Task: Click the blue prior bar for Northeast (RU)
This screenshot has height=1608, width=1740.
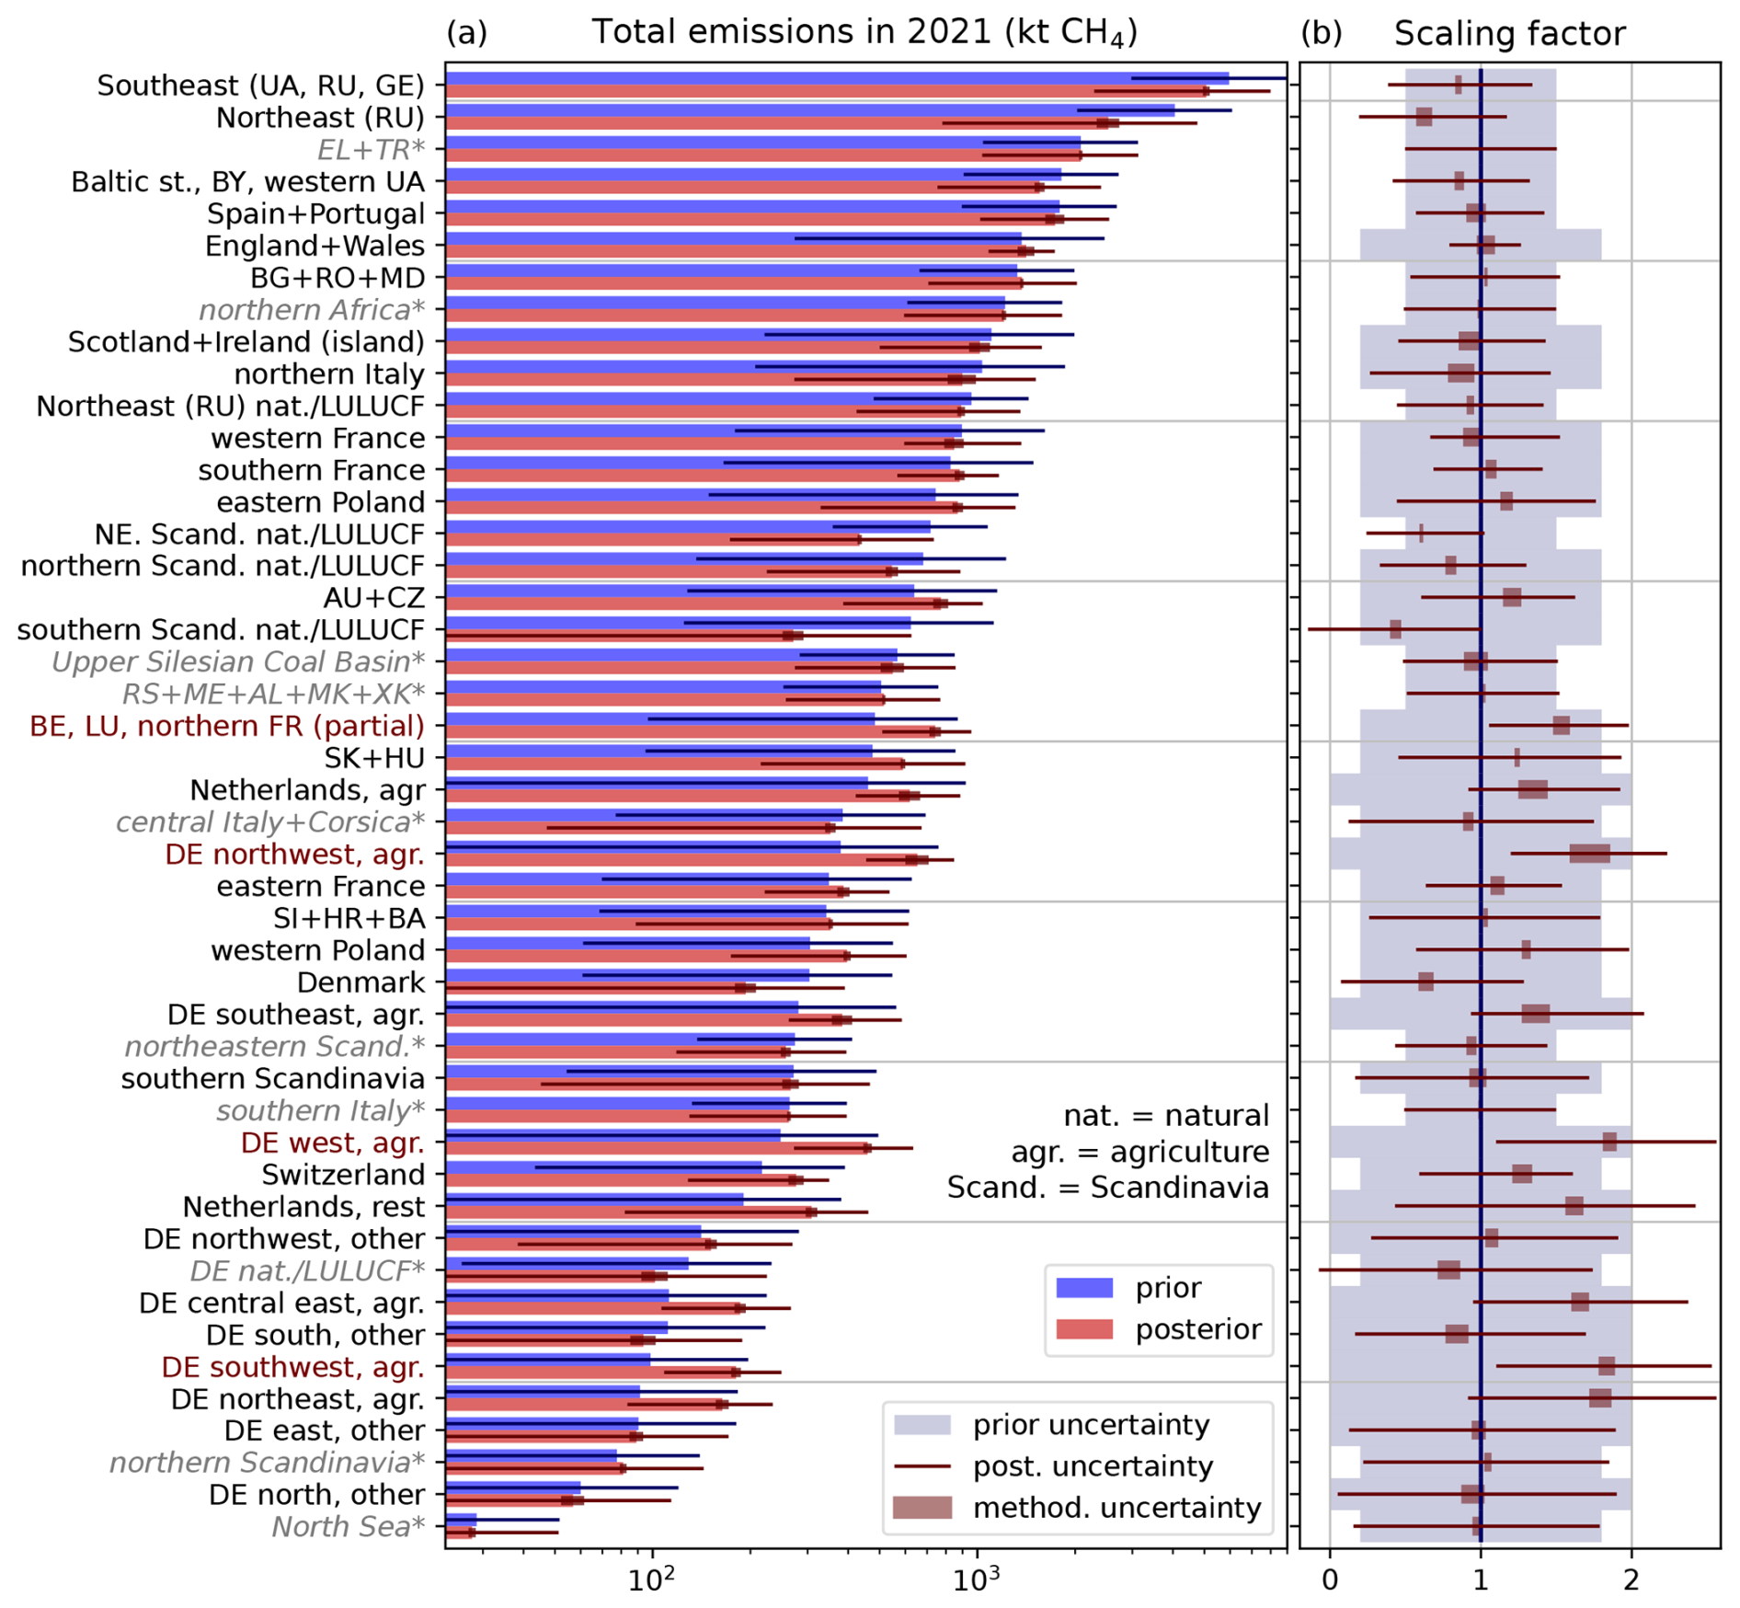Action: coord(809,111)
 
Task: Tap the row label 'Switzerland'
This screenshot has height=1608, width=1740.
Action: coord(343,1175)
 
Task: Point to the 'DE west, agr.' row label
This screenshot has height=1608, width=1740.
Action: coord(332,1143)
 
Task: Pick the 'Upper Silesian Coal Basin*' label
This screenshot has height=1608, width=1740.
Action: coord(238,662)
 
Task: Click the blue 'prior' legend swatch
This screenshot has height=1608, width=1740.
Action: coord(1084,1288)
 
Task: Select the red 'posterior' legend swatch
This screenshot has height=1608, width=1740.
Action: coord(1084,1329)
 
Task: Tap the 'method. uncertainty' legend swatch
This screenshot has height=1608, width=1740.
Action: coord(922,1508)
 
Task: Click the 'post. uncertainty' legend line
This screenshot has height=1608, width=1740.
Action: coord(922,1466)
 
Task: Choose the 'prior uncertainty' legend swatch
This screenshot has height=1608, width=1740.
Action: coord(922,1425)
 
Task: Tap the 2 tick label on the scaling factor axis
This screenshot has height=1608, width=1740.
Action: coord(1631,1580)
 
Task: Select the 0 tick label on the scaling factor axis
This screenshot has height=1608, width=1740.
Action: coord(1330,1580)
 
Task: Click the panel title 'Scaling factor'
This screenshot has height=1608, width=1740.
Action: coord(1509,34)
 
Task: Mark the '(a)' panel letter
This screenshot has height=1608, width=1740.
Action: coord(466,33)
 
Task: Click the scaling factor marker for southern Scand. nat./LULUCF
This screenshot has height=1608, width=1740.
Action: coord(1395,629)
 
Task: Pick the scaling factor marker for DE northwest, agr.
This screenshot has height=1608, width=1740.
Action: coord(1589,854)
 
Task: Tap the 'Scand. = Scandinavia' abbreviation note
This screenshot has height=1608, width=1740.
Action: coord(1107,1188)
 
